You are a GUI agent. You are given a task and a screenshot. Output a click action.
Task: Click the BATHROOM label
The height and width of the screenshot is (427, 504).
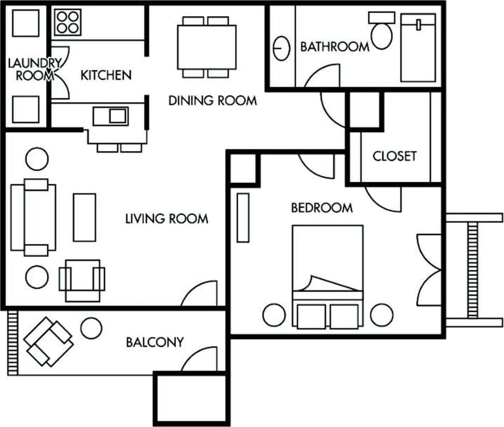point(335,47)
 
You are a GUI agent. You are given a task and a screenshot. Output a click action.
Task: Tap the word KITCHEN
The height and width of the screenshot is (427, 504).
point(106,75)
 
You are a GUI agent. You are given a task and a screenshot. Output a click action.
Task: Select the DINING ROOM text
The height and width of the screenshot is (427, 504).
point(212,101)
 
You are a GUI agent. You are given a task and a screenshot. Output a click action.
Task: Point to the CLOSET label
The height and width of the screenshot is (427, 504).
point(394,156)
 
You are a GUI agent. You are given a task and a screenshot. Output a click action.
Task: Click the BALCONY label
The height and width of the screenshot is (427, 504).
point(155,342)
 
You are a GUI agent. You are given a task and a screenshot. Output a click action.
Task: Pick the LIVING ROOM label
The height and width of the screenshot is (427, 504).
point(166,219)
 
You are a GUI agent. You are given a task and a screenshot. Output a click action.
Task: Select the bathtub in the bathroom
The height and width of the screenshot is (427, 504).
point(418,48)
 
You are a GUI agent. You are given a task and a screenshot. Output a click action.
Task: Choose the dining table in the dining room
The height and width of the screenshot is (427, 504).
point(206,47)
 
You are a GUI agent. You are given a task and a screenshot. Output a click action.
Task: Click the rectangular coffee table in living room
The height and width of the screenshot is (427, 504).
point(84,217)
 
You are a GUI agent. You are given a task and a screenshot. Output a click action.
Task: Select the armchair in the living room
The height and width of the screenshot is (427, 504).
point(82,280)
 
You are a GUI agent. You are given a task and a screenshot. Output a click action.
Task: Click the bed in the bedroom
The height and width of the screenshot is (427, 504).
point(327,270)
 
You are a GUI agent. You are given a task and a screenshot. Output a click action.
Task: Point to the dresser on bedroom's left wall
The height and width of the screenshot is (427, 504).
point(243,217)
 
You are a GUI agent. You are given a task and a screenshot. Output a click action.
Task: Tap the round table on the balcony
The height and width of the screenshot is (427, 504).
point(91,328)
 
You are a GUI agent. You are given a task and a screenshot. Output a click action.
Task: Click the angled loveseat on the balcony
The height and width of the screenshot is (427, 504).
point(48,342)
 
